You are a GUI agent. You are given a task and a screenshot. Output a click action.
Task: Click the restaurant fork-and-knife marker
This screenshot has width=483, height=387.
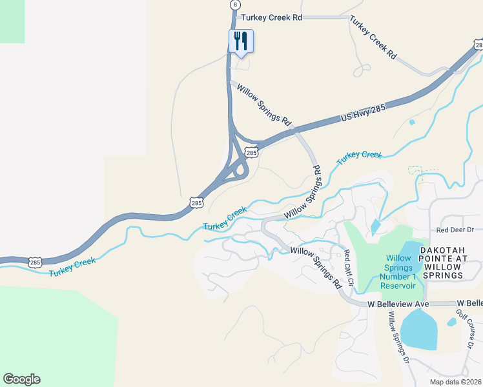[241, 42]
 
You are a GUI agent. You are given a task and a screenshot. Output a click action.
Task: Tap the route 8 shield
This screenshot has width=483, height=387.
[235, 5]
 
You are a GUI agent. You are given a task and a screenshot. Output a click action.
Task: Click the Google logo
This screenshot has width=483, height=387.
[21, 379]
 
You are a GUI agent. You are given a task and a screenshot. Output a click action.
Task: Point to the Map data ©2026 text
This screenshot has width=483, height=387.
[455, 382]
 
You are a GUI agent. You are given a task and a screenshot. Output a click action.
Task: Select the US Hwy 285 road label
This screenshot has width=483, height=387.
[362, 114]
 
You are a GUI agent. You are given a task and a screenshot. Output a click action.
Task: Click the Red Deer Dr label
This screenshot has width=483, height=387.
[459, 230]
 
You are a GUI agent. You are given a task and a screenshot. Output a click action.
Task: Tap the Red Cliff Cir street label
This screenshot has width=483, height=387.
[349, 269]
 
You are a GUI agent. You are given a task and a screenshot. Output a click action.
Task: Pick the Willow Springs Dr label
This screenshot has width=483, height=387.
[398, 336]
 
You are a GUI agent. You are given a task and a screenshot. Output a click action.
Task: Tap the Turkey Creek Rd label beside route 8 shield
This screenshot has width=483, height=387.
[272, 18]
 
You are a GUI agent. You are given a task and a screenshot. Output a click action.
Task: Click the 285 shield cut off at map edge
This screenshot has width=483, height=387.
[478, 45]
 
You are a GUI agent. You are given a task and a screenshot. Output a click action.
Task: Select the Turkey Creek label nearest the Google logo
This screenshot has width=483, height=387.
[72, 266]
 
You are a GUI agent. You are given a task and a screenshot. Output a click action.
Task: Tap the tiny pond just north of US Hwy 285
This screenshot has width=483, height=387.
[412, 121]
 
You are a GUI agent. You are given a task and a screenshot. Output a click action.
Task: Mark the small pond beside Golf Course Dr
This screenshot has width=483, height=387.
[451, 322]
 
